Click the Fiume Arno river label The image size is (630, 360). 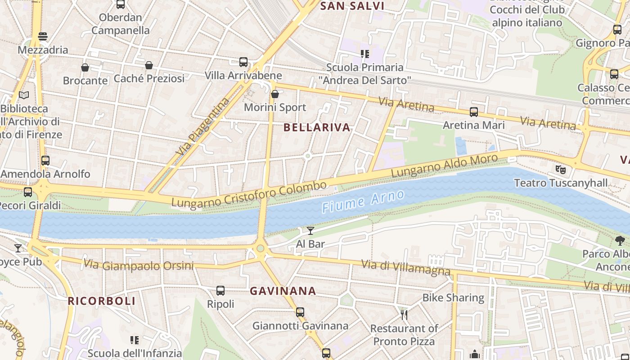tap(363, 201)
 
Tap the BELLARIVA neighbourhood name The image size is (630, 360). tap(317, 127)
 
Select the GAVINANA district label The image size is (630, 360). tap(283, 291)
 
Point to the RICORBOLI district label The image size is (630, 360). tap(102, 301)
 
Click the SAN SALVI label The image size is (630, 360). tap(352, 6)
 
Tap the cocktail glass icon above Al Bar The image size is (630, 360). tap(310, 231)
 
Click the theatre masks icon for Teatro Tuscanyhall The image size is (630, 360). tap(560, 170)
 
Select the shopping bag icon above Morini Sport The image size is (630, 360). tap(275, 94)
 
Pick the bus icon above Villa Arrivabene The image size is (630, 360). tap(243, 62)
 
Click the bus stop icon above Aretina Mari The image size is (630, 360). tap(474, 112)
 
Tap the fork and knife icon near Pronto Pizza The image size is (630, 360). tap(404, 315)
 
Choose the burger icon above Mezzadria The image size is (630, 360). tap(43, 36)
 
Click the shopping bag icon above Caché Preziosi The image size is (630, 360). tap(149, 65)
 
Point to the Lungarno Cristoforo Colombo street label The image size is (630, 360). tap(249, 195)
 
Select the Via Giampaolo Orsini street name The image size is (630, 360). tap(139, 265)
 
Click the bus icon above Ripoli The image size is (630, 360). tap(220, 291)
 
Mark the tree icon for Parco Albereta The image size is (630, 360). tap(620, 241)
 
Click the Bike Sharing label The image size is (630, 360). tap(453, 297)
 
